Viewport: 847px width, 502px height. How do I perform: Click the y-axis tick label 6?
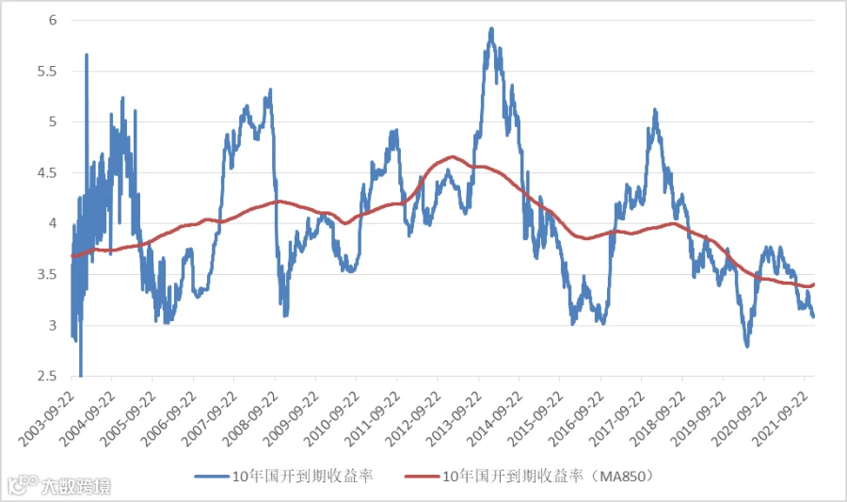tap(53, 21)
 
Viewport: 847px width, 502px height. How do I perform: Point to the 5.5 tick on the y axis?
tap(47, 72)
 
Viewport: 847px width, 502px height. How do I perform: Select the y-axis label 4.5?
tap(47, 173)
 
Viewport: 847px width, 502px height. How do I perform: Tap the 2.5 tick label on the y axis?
tap(47, 376)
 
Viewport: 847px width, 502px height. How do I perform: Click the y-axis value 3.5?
tap(47, 274)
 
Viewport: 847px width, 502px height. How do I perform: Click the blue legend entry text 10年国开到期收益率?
tap(302, 476)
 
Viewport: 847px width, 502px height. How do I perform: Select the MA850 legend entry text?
tap(548, 476)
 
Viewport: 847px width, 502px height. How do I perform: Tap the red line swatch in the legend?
tap(422, 476)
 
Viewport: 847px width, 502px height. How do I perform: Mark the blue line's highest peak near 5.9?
tap(491, 29)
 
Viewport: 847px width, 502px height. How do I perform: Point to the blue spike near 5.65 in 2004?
tap(87, 55)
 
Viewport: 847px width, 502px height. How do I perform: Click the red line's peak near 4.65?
tap(453, 157)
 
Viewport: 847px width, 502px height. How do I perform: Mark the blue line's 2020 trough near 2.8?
tap(747, 346)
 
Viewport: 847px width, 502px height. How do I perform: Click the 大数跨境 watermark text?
tap(75, 486)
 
